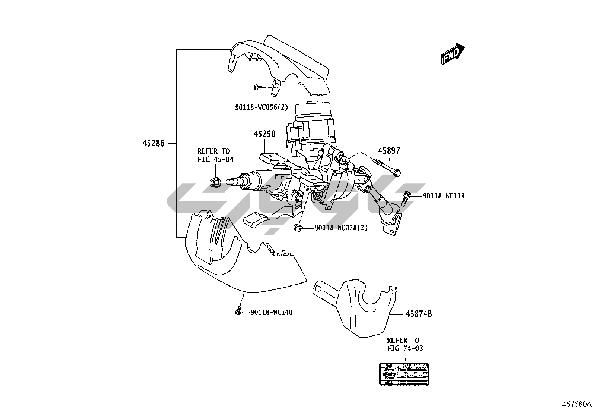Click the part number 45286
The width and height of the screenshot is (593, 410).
point(153,143)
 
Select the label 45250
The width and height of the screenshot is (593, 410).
point(265,134)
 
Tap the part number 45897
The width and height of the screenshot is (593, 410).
point(389,151)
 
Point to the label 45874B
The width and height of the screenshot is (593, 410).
point(419,314)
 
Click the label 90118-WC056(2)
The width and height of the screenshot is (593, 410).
point(261,107)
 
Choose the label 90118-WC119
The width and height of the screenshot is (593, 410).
point(444,196)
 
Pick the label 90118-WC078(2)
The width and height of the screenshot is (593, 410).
point(341,228)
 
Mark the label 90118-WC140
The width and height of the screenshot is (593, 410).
point(271,312)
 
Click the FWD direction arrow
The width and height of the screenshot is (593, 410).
point(453,54)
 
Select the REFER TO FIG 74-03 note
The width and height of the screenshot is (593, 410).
point(405,344)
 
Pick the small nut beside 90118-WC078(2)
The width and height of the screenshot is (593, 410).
point(298,228)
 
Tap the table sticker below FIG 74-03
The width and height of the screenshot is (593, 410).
point(404,374)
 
